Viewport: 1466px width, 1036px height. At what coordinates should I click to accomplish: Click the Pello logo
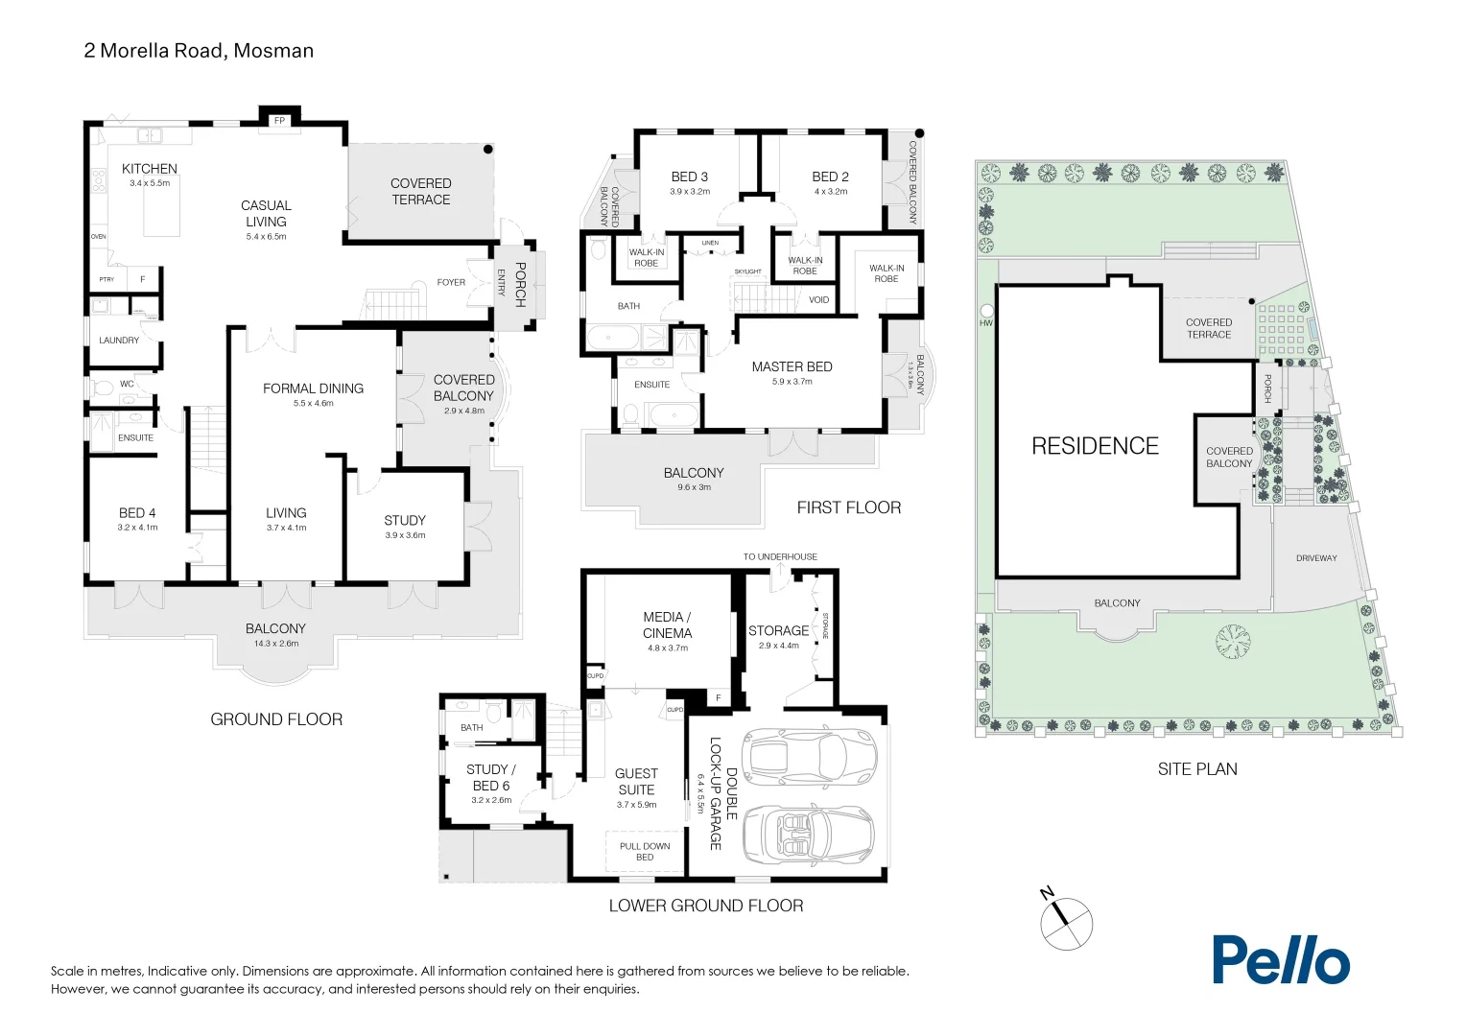click(1280, 959)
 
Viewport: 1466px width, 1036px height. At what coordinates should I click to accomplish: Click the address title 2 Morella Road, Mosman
click(199, 51)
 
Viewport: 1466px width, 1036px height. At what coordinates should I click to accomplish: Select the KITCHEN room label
click(150, 169)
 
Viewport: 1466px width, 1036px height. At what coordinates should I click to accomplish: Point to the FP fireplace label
click(280, 121)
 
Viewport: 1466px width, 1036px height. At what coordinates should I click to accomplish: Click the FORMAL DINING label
click(313, 388)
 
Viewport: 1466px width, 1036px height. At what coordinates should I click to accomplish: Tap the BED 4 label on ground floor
click(137, 513)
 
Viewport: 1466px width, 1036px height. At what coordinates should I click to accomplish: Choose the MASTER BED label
click(792, 366)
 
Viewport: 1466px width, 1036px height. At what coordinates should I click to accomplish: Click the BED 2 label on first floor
click(830, 177)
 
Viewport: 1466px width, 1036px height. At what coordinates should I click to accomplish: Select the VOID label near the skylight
click(818, 300)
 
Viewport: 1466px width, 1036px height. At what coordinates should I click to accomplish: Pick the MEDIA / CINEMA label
click(667, 624)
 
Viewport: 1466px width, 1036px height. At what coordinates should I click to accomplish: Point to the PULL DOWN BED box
click(645, 851)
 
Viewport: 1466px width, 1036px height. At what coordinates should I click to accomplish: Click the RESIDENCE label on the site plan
click(1095, 446)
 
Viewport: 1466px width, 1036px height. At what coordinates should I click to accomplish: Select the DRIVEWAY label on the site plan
click(1316, 558)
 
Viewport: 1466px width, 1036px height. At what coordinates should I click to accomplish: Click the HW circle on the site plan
click(986, 312)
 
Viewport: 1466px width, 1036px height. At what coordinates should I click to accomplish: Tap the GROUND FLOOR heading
click(276, 719)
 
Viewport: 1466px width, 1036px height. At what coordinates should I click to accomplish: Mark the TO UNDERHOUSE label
click(780, 556)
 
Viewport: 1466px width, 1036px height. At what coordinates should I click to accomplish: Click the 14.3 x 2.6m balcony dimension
click(275, 644)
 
